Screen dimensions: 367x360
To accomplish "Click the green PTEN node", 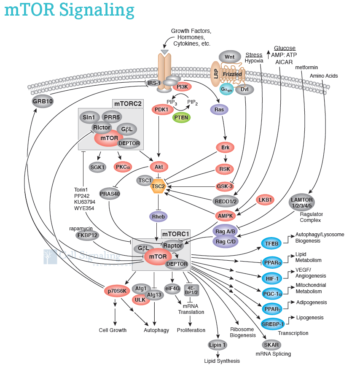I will coord(182,117).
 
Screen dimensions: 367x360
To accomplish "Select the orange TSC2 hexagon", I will coord(159,186).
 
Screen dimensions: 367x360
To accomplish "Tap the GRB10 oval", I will coord(43,101).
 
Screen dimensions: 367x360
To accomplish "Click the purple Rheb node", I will coord(159,217).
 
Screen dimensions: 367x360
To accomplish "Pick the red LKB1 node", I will coord(266,200).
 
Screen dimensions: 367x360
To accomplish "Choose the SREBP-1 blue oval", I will coord(273,324).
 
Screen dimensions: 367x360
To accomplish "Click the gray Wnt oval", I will coord(229,57).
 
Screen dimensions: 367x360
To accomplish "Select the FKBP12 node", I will coord(88,235).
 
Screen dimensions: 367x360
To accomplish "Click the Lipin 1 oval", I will coord(218,345).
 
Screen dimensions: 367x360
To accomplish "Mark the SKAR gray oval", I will coord(271,345).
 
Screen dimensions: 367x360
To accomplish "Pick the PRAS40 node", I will coord(110,194).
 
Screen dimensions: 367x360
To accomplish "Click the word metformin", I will coord(306,67).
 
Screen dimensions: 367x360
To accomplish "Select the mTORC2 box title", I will coord(128,103).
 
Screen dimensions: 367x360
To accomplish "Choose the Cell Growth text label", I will coord(113,330).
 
